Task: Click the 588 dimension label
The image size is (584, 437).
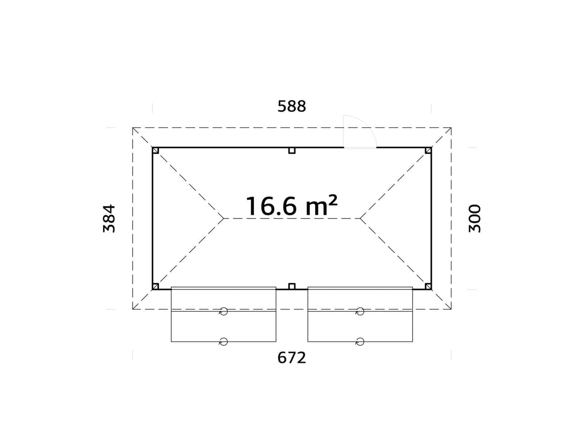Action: click(292, 106)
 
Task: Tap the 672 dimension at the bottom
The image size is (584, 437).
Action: click(292, 358)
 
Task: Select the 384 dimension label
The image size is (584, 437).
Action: click(109, 218)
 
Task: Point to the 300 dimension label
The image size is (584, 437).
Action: click(474, 218)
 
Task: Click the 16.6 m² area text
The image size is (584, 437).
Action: click(292, 206)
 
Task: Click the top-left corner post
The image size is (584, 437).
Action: click(155, 150)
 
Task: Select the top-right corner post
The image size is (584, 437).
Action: click(428, 150)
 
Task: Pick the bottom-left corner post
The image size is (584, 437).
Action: click(155, 287)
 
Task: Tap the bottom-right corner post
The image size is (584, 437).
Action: click(428, 287)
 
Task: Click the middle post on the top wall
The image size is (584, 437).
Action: click(292, 150)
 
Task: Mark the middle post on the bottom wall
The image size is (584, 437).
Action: click(292, 287)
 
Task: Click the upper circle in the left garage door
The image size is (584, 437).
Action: click(223, 312)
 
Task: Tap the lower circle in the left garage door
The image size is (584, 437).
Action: click(223, 341)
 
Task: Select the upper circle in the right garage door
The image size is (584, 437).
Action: click(360, 312)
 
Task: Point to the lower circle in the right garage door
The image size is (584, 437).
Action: click(360, 341)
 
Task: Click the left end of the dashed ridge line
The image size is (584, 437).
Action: click(224, 218)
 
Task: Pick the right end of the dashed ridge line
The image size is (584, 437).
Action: click(360, 218)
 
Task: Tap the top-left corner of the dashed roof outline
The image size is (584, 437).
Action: click(133, 128)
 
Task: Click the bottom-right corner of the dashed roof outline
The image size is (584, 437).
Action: click(451, 309)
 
